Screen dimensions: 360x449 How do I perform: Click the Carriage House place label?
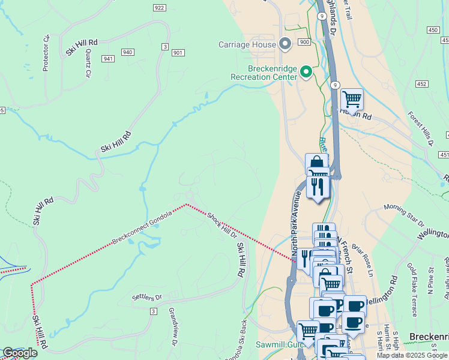[x=247, y=44]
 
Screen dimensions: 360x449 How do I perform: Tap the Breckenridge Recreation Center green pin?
[x=306, y=73]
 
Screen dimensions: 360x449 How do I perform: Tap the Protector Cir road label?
[x=46, y=53]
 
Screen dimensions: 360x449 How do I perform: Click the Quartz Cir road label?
[x=88, y=63]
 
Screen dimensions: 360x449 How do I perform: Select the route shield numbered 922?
[x=159, y=8]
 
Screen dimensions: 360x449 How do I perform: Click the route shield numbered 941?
[x=108, y=59]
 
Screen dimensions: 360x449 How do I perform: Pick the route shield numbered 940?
[x=127, y=52]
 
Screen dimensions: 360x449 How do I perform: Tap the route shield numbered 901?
[x=178, y=53]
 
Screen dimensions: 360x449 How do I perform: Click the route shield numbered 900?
[x=304, y=42]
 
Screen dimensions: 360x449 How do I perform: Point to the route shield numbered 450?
[x=433, y=29]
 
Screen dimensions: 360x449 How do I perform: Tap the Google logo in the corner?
[x=19, y=353]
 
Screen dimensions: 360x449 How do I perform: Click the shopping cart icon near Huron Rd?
[x=352, y=98]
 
